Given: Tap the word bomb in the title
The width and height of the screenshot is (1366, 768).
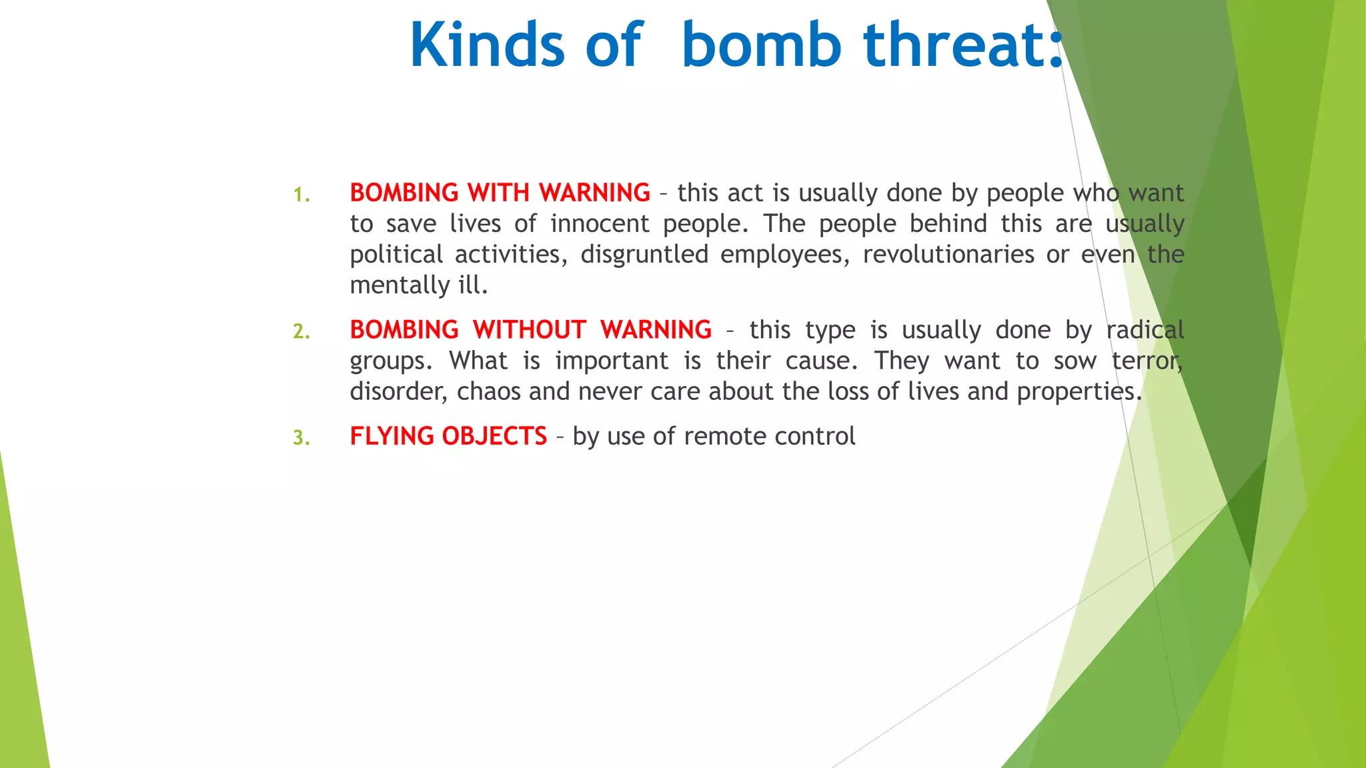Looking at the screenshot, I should pyautogui.click(x=761, y=45).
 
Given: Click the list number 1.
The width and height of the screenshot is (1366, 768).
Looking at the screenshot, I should pyautogui.click(x=301, y=195).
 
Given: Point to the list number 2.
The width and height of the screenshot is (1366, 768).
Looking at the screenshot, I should pyautogui.click(x=301, y=331).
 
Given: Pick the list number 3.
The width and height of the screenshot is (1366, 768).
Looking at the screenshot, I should pyautogui.click(x=301, y=438).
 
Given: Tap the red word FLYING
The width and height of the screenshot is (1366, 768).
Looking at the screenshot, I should pyautogui.click(x=392, y=436).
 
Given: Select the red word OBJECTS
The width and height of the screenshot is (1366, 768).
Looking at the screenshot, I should pyautogui.click(x=494, y=436).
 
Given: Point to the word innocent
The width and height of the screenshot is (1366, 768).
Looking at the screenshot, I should pyautogui.click(x=599, y=223).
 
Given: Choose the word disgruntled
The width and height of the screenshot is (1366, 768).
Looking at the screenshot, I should pyautogui.click(x=644, y=255).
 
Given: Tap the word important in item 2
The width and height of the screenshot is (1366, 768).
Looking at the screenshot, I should pyautogui.click(x=612, y=361).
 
